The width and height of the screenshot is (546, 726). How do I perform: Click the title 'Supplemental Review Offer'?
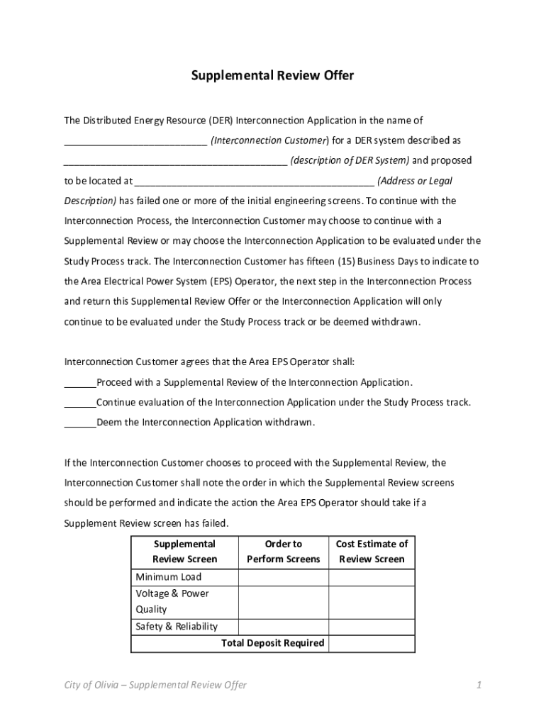click(272, 75)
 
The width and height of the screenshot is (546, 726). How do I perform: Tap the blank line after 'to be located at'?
click(254, 181)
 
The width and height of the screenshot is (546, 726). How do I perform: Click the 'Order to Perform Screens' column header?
click(283, 552)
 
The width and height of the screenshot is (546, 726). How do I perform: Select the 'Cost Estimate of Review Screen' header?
click(372, 552)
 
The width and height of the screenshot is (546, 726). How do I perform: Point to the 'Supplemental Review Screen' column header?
click(184, 552)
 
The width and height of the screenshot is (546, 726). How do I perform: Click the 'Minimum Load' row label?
click(168, 577)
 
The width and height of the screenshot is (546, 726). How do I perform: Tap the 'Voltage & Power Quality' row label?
click(172, 601)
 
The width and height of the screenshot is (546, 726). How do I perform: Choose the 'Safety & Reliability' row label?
click(176, 627)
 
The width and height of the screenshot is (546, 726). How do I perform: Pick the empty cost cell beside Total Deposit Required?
click(372, 643)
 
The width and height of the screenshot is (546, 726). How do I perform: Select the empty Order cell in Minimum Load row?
click(283, 577)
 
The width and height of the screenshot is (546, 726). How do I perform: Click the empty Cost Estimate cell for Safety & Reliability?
click(372, 627)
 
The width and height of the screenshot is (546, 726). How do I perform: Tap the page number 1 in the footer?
click(479, 685)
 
